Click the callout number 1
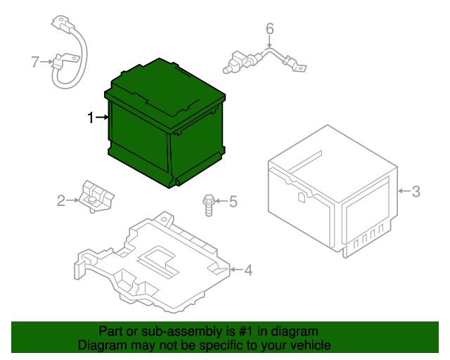91,117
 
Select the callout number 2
61,200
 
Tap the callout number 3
416,191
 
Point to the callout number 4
248,270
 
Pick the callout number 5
233,201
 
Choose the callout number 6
270,29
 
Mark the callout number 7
35,62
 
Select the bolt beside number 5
209,205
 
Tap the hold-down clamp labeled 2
96,197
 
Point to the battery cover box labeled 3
333,191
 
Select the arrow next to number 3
404,191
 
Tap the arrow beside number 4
236,269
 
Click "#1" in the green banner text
245,331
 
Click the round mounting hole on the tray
164,220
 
